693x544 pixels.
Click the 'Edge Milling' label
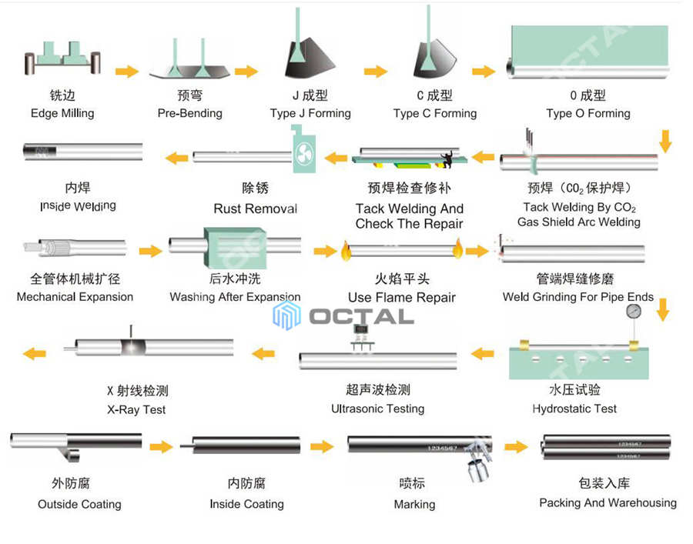(x=62, y=113)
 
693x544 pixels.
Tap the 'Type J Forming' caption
(x=310, y=113)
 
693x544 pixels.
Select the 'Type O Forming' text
(x=588, y=113)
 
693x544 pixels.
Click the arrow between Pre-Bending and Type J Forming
(x=246, y=72)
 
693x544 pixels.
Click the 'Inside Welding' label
(x=78, y=206)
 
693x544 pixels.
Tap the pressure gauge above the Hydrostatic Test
(x=634, y=312)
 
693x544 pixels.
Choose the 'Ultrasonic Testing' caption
(x=377, y=409)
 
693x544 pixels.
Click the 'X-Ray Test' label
(x=136, y=409)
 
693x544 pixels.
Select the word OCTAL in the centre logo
(x=361, y=316)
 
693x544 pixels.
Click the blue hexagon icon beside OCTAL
(x=286, y=315)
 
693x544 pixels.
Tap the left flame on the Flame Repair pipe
(x=345, y=250)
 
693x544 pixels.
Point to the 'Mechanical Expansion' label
(x=75, y=297)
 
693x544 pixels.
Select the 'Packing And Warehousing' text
(x=608, y=502)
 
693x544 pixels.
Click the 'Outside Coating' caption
(x=79, y=504)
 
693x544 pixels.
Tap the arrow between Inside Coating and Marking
(x=322, y=446)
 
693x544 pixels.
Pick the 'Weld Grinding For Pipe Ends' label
(x=577, y=297)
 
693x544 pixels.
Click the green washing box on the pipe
(x=235, y=248)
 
